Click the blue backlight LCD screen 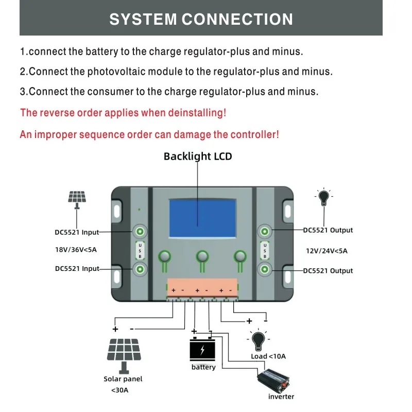coord(202,218)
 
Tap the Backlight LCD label coord(198,157)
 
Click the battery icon coord(202,349)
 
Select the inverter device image coord(273,381)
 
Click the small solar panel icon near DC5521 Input coord(77,200)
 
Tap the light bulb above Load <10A coord(259,340)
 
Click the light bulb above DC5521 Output coord(324,197)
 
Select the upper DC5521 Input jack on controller coord(140,231)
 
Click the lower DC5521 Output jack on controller coord(265,269)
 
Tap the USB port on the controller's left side coord(140,251)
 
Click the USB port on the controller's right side coord(265,251)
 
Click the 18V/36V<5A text coord(76,250)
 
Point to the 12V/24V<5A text coord(327,251)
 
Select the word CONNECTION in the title coord(237,19)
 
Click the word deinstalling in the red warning coord(197,113)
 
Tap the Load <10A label coord(268,356)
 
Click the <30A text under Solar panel coord(120,390)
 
